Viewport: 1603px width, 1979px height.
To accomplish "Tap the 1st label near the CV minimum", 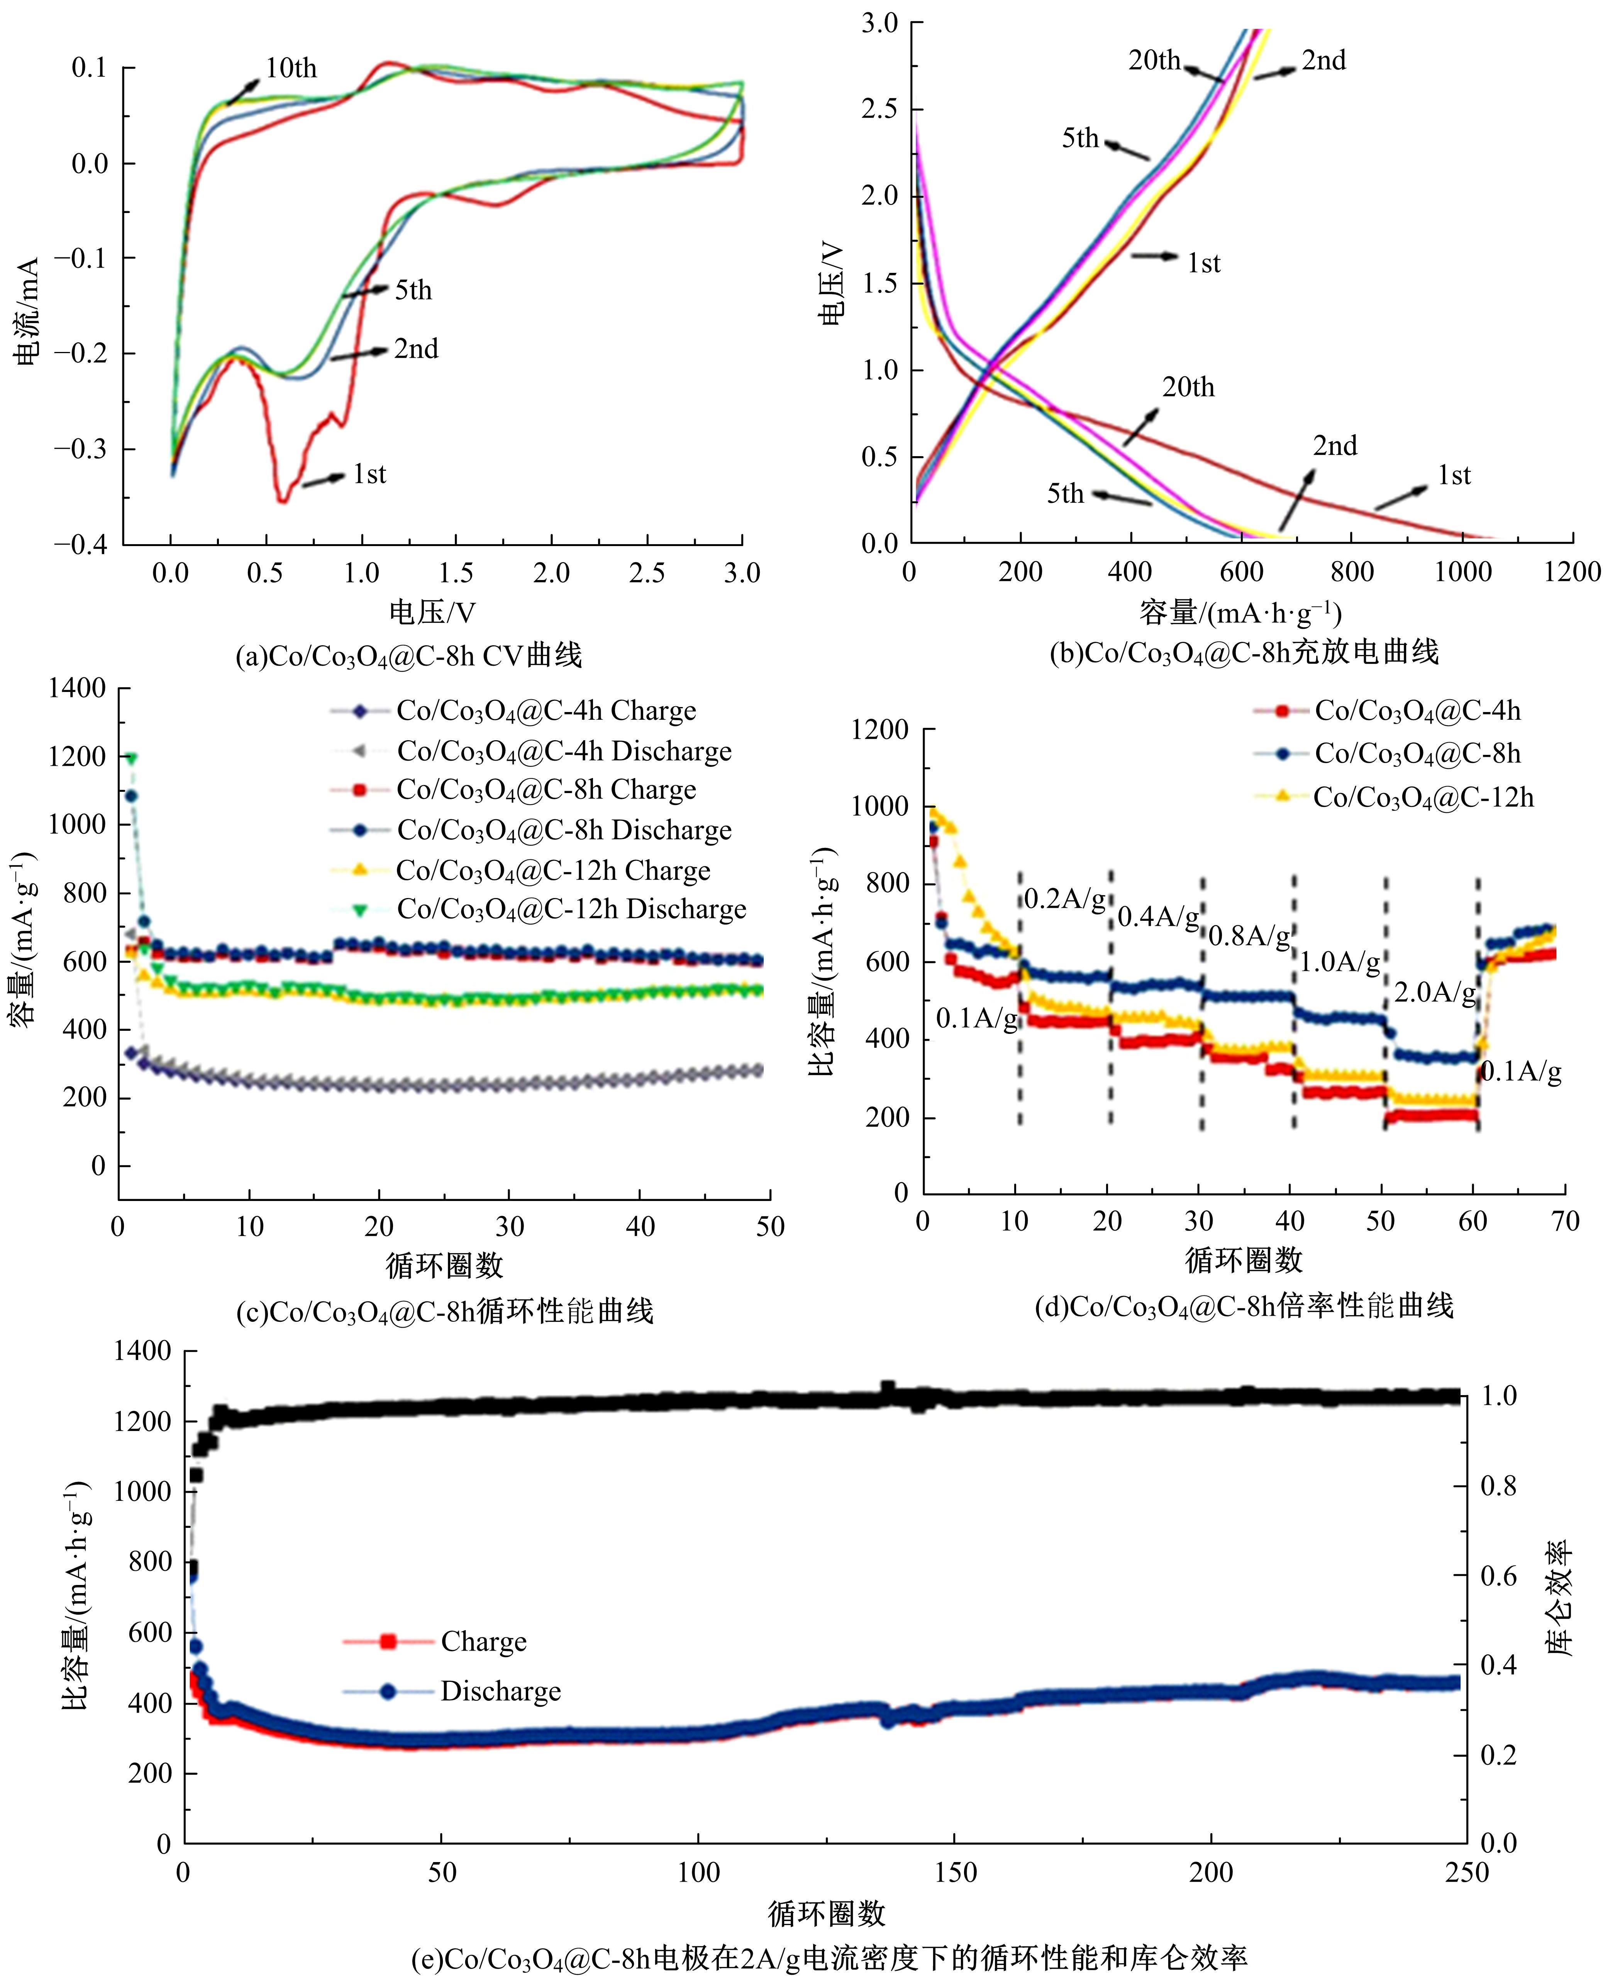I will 369,474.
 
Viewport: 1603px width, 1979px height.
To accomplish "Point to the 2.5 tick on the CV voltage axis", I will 646,573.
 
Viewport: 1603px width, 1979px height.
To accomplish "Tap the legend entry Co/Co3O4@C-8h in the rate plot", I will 1417,754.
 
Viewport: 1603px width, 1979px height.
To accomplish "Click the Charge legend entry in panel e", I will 483,1641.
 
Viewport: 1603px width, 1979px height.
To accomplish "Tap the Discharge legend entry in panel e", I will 500,1691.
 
